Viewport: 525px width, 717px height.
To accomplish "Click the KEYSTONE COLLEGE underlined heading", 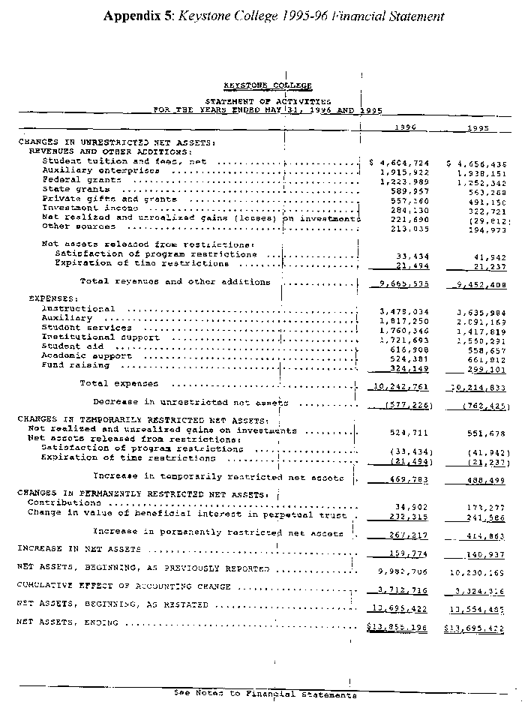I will tap(268, 86).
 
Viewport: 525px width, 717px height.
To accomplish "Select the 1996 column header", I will tap(406, 127).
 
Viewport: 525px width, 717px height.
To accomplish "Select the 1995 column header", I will tap(478, 127).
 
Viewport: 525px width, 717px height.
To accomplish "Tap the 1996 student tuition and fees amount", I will tap(401, 161).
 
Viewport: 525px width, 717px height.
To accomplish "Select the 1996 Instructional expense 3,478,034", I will tap(405, 309).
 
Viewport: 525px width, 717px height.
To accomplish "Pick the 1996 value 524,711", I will tap(409, 433).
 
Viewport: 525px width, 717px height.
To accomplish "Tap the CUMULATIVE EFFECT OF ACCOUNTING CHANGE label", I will tap(124, 586).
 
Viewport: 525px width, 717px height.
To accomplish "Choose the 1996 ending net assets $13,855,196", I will tap(398, 624).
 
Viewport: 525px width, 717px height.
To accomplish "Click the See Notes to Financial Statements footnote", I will tap(265, 694).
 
